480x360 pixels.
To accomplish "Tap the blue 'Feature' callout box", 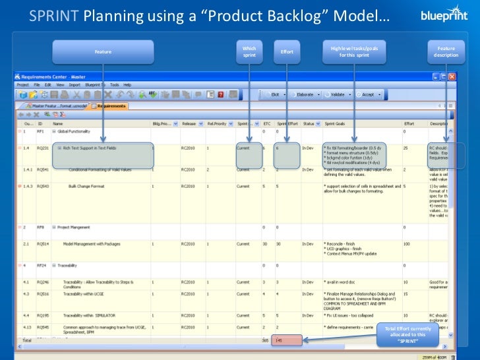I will tap(103, 51).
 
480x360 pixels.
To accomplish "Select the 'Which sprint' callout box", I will tap(249, 51).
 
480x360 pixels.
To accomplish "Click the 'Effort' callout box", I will tap(287, 51).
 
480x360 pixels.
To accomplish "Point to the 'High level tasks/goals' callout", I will tap(354, 51).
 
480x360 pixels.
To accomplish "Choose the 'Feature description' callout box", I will tap(446, 51).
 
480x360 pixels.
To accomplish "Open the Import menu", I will tap(74, 85).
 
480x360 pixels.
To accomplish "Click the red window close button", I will tap(452, 77).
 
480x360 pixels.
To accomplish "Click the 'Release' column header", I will tap(189, 123).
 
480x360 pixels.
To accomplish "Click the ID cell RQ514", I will tap(42, 244).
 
